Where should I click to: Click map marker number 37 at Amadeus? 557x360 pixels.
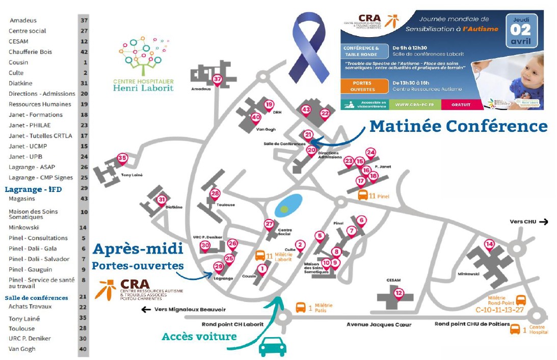click(218, 79)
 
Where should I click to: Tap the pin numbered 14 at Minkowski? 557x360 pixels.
click(489, 244)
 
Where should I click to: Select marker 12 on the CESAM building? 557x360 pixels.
click(399, 293)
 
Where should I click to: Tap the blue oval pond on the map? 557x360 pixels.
click(288, 204)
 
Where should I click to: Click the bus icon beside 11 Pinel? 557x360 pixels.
click(363, 195)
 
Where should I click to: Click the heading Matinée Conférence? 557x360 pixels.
click(458, 126)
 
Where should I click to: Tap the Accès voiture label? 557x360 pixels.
click(199, 337)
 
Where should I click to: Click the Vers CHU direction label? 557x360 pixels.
click(528, 221)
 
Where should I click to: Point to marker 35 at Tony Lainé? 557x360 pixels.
click(122, 158)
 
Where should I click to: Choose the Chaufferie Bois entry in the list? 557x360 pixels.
click(30, 52)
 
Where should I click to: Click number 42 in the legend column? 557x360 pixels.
click(84, 52)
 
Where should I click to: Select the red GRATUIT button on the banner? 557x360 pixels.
click(460, 104)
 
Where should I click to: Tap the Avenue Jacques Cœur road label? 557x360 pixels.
click(379, 324)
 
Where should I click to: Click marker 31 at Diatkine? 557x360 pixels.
click(162, 200)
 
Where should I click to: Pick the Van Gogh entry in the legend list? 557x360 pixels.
click(22, 349)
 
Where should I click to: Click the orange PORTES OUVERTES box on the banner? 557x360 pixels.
click(362, 86)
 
